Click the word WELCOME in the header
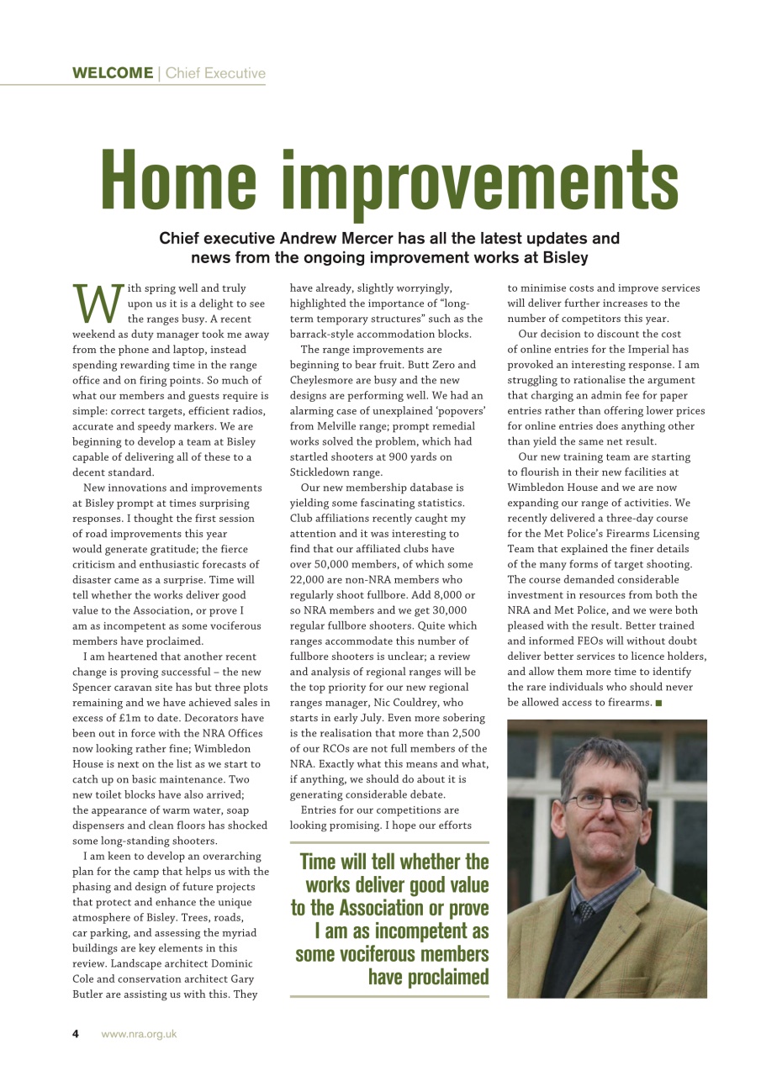tap(112, 73)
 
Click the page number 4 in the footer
tap(75, 1034)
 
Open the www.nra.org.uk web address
tap(139, 1034)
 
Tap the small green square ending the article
tap(658, 703)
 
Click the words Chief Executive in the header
tap(215, 73)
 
